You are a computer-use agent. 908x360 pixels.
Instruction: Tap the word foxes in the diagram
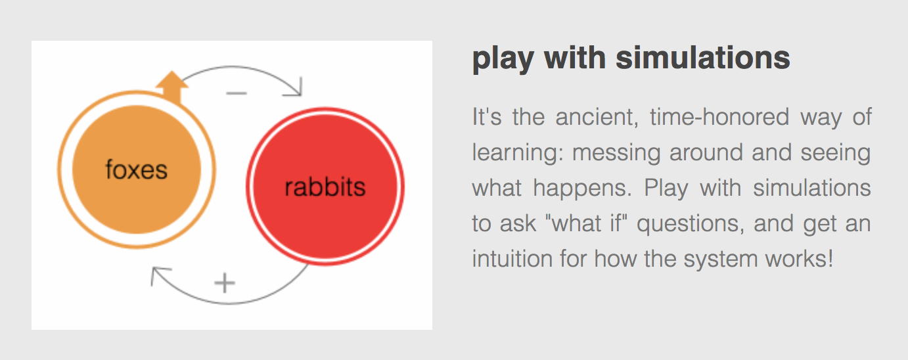click(x=137, y=169)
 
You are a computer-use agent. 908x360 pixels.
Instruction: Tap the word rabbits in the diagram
click(x=325, y=187)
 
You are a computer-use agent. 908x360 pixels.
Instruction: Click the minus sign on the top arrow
click(x=237, y=93)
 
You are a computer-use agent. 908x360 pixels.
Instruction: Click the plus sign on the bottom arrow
click(x=225, y=283)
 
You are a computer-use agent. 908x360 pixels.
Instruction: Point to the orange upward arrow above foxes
click(x=172, y=87)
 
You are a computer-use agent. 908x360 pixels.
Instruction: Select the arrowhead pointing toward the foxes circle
click(x=158, y=274)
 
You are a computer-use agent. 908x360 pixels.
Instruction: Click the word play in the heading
click(x=503, y=59)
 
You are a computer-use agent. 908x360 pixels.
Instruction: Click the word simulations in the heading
click(x=703, y=58)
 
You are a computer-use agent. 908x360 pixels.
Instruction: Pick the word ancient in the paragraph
click(x=597, y=117)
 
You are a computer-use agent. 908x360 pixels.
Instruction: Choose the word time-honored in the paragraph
click(x=719, y=117)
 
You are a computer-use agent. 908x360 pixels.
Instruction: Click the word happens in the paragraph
click(x=582, y=189)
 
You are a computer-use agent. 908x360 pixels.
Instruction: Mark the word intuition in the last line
click(x=512, y=259)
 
